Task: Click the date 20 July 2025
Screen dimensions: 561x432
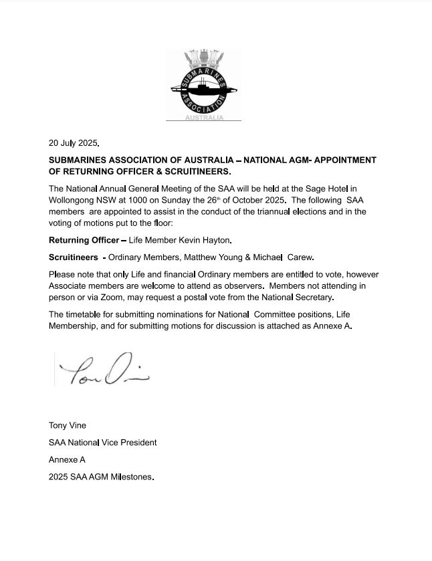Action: tap(74, 143)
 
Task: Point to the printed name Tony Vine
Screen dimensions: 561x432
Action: tap(68, 425)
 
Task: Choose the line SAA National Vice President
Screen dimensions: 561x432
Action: tap(103, 443)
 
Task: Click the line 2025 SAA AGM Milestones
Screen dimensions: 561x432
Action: tap(101, 477)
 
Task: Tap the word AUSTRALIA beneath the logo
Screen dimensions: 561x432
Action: tap(204, 118)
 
